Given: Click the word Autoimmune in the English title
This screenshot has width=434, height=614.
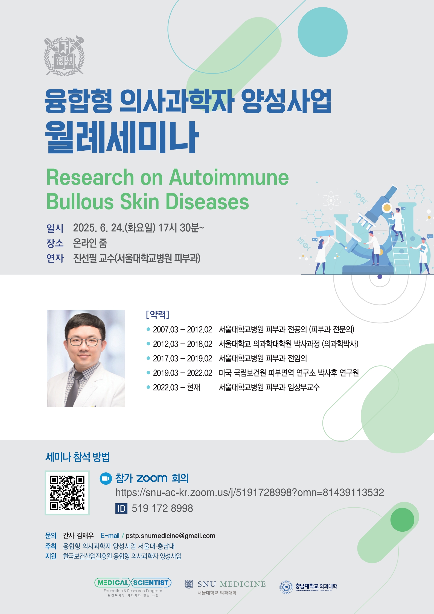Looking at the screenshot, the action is (x=229, y=177).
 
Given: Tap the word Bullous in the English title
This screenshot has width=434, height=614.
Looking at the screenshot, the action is (x=80, y=202).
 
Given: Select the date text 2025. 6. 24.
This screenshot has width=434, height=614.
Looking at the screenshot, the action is (x=98, y=228).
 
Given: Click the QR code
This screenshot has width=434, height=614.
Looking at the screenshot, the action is (x=67, y=493).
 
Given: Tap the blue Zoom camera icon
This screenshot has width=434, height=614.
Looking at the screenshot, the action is (x=106, y=478).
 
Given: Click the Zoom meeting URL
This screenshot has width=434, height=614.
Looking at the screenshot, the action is (x=249, y=493).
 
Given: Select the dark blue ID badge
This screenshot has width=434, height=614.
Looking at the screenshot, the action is (x=121, y=508).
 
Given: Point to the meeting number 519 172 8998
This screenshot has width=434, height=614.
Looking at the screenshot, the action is (x=162, y=508).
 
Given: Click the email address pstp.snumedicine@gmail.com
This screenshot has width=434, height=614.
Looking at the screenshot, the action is (x=170, y=536).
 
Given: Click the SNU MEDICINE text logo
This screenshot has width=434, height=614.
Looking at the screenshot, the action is (x=232, y=584).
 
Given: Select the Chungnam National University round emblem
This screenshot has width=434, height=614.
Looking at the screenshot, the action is (x=286, y=587).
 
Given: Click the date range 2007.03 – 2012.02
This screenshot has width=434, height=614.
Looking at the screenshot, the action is (x=182, y=330).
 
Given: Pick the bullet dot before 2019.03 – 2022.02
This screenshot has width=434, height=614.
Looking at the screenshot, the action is (x=148, y=373).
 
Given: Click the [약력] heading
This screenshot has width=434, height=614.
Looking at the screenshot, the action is (x=158, y=315).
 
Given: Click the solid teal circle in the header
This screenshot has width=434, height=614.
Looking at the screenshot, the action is (x=322, y=32).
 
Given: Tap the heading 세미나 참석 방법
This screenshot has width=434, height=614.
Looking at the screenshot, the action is (x=77, y=457).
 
